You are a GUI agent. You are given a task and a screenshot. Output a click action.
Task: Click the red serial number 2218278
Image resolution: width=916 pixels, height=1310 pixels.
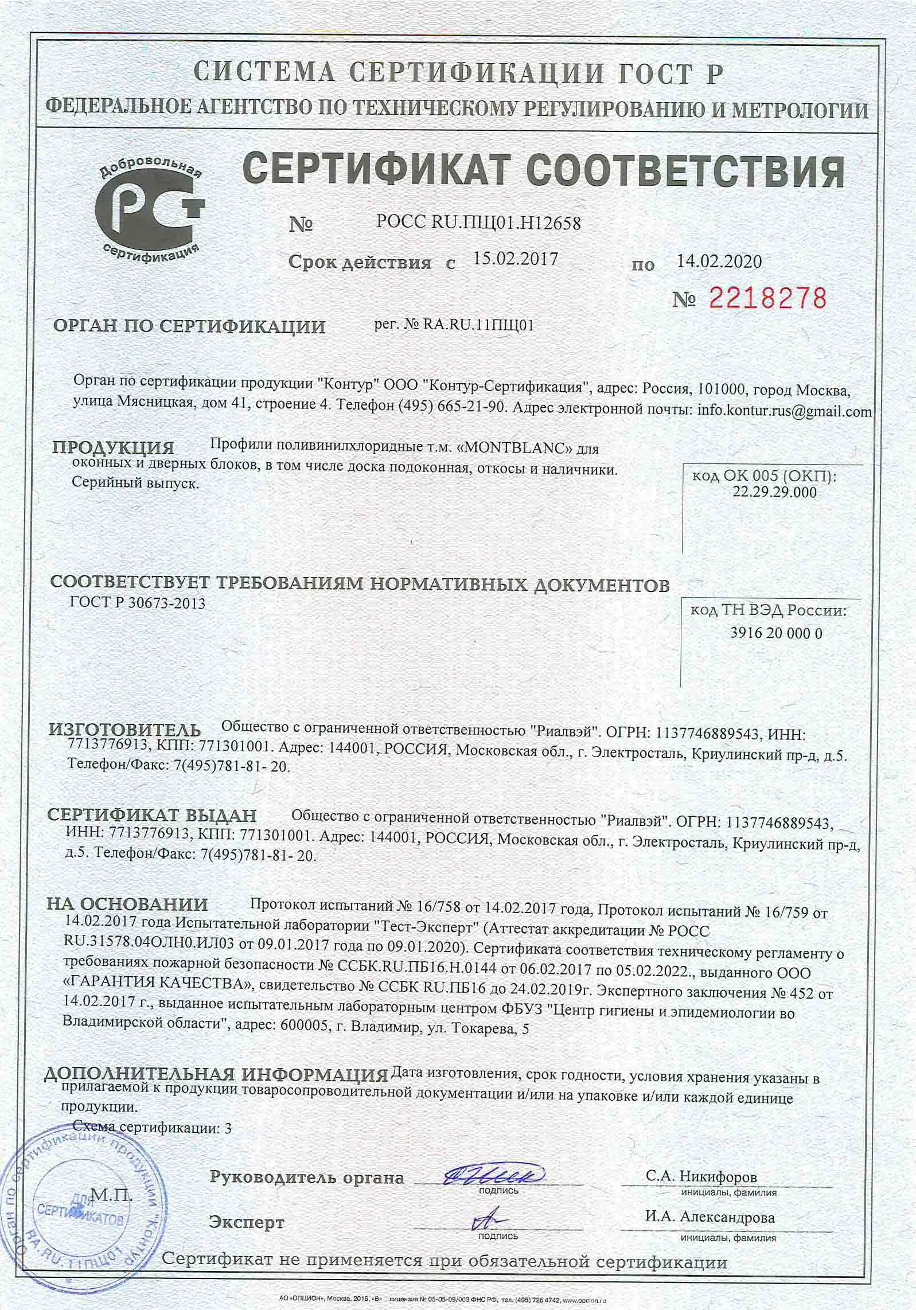click(768, 299)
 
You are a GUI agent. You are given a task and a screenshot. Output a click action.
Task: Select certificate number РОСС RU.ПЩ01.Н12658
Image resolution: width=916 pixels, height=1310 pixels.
click(478, 223)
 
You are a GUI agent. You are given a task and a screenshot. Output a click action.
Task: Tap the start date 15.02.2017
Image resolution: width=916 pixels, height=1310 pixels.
click(516, 259)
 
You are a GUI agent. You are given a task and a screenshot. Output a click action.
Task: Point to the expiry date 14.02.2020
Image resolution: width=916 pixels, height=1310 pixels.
click(719, 262)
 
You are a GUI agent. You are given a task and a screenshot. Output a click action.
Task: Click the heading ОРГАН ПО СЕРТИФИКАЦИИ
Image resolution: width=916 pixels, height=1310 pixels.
click(189, 327)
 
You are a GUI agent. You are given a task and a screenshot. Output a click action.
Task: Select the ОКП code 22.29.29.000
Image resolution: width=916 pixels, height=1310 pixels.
click(774, 492)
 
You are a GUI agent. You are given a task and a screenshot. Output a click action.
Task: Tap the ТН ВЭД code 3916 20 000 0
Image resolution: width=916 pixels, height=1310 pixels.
click(777, 633)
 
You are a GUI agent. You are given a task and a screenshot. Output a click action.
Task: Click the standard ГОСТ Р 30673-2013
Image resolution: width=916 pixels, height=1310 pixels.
click(137, 603)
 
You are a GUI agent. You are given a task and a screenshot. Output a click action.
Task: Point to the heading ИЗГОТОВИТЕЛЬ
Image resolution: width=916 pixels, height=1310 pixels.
click(125, 730)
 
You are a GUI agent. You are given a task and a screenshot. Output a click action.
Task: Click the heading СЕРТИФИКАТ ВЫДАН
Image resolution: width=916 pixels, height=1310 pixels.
click(152, 816)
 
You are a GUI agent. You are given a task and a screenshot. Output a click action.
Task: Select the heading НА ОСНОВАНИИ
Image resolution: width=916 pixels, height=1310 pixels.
click(127, 904)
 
